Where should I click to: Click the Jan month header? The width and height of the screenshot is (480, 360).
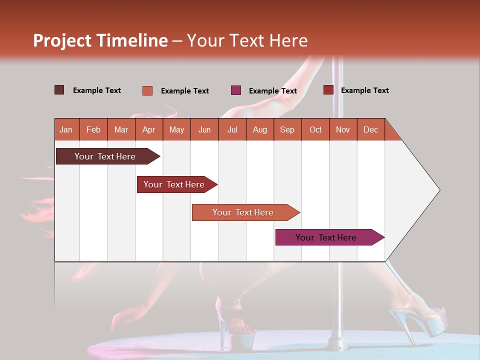point(66,129)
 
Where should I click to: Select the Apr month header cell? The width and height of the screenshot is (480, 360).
point(149,129)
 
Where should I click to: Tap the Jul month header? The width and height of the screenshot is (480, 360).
point(232,129)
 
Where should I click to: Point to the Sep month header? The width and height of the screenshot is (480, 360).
point(287,129)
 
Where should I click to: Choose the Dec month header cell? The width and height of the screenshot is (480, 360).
point(370,129)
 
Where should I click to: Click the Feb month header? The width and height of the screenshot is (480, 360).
point(93,129)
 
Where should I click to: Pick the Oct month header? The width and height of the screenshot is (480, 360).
point(315,129)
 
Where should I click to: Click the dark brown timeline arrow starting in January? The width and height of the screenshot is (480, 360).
point(105,156)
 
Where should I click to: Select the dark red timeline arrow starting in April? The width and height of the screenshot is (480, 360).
point(174,184)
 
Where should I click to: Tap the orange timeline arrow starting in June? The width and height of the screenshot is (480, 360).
point(243,212)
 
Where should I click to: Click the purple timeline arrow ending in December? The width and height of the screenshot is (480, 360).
point(326,237)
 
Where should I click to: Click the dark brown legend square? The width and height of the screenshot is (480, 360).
point(59,90)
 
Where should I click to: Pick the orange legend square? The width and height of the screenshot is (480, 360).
point(147,90)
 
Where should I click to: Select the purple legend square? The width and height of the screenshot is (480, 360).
point(236,90)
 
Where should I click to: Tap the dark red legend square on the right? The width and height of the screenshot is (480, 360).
point(328,90)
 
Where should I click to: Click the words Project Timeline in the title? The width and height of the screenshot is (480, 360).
point(100,40)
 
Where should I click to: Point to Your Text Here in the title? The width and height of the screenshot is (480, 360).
point(247,40)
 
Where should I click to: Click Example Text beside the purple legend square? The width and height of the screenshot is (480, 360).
point(272,91)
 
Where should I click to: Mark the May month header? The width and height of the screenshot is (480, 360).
point(176,129)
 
